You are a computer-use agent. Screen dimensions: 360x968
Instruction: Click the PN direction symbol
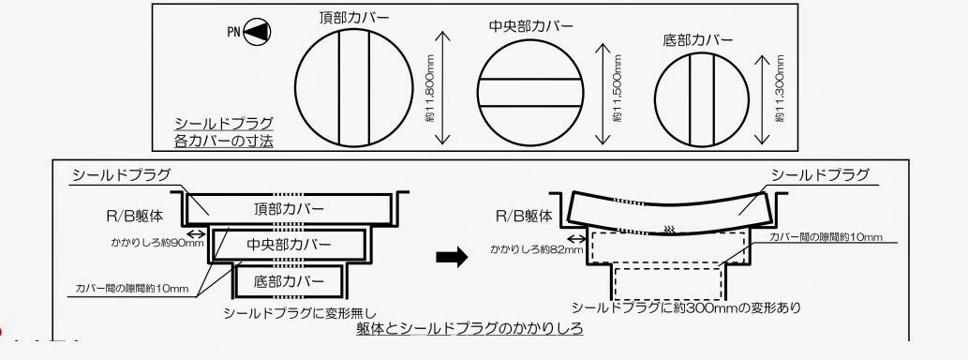point(249,31)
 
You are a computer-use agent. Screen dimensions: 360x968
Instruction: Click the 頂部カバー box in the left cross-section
point(286,208)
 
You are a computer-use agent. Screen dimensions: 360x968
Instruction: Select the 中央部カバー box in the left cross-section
point(289,245)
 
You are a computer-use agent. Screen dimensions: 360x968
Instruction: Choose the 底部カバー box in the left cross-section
point(289,280)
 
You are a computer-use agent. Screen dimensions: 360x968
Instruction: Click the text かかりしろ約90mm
point(156,243)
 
